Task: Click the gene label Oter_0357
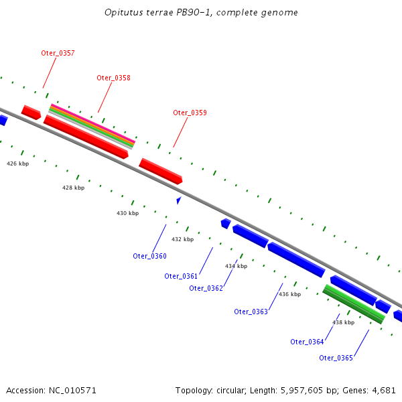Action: [58, 52]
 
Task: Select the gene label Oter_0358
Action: [113, 78]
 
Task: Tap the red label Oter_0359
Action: [190, 113]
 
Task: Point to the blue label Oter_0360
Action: [149, 256]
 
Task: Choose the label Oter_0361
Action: [181, 276]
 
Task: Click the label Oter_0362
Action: [206, 288]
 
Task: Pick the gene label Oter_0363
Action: [251, 312]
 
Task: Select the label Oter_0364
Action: [307, 342]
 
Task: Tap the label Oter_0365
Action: [336, 357]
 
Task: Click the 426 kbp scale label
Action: [18, 163]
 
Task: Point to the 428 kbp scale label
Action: [73, 188]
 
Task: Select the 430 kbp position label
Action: [127, 213]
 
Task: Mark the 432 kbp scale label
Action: [182, 239]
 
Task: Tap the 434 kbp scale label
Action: [236, 266]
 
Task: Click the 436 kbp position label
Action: [289, 294]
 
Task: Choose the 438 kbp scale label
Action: [343, 322]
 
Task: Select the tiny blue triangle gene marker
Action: [178, 200]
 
